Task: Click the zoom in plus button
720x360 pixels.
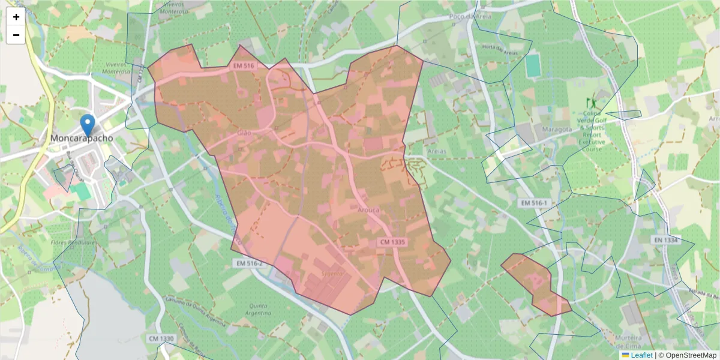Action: pyautogui.click(x=16, y=17)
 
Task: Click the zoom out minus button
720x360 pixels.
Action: pyautogui.click(x=16, y=35)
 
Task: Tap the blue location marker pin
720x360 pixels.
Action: pyautogui.click(x=88, y=125)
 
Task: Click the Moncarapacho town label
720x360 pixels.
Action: pyautogui.click(x=82, y=139)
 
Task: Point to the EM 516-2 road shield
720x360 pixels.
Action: pyautogui.click(x=249, y=263)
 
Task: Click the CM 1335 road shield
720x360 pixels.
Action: pyautogui.click(x=393, y=242)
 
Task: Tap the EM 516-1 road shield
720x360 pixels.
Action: pyautogui.click(x=533, y=203)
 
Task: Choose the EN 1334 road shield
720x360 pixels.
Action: pyautogui.click(x=666, y=240)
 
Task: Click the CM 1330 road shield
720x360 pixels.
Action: pyautogui.click(x=161, y=339)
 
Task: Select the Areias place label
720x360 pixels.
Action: pyautogui.click(x=436, y=152)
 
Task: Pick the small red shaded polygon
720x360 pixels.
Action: pyautogui.click(x=535, y=283)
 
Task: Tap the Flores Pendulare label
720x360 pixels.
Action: pyautogui.click(x=73, y=243)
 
